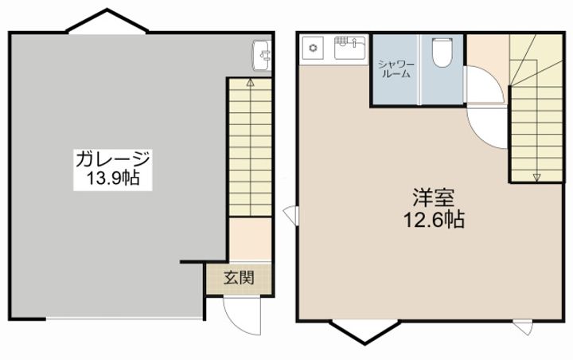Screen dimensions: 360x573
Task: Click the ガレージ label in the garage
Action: coord(112,158)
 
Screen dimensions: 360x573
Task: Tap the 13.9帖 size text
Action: coord(112,178)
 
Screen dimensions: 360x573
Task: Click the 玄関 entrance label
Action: coord(239,279)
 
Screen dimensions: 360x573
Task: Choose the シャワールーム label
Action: coord(394,68)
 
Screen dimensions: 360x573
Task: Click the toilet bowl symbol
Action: coord(442,53)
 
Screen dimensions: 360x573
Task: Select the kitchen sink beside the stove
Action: coord(348,50)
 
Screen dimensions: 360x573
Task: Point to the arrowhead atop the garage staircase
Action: coord(250,82)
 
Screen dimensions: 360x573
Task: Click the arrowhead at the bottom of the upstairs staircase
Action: coord(536,177)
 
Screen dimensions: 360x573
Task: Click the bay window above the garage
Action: coord(107,23)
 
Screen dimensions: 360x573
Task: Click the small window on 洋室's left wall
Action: coord(290,213)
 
